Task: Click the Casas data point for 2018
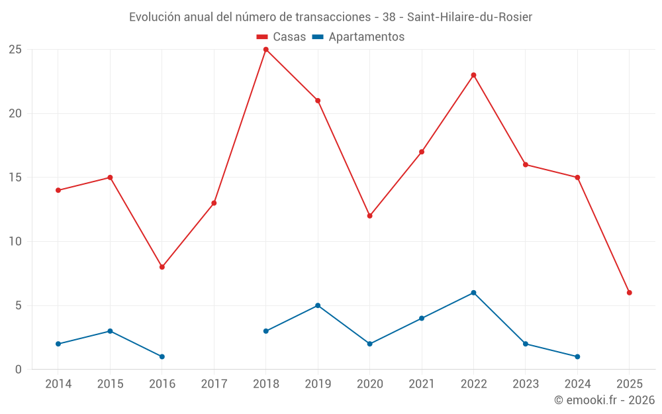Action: click(265, 49)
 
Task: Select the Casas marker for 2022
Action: click(473, 75)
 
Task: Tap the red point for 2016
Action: click(162, 267)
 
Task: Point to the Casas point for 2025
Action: click(629, 293)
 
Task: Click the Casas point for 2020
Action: click(369, 216)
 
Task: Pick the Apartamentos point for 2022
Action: click(473, 293)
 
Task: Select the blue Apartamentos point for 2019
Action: click(318, 305)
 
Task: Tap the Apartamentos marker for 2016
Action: click(162, 357)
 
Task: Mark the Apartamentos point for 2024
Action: click(577, 357)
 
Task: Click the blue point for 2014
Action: click(58, 344)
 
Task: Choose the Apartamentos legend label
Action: click(366, 37)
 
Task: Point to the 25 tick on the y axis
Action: click(15, 50)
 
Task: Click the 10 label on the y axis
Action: click(15, 242)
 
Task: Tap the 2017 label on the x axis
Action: click(214, 384)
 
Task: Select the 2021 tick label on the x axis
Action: click(422, 384)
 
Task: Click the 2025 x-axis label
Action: click(629, 384)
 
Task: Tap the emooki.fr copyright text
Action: click(604, 400)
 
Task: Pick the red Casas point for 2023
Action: click(526, 164)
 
